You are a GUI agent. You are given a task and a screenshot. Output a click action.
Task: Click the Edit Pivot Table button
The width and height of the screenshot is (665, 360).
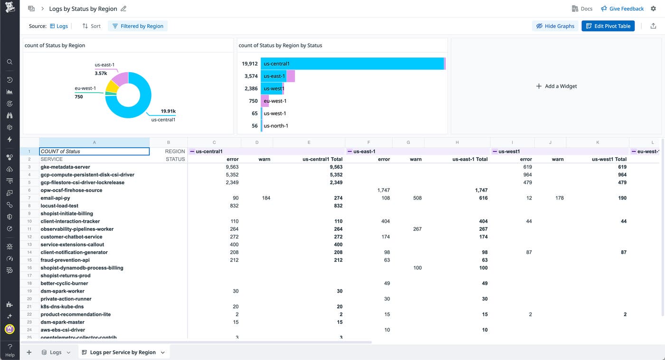point(608,26)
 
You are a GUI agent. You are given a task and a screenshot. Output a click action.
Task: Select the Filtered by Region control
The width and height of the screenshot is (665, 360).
point(138,26)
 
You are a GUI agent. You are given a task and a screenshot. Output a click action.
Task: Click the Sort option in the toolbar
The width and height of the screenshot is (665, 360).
point(91,26)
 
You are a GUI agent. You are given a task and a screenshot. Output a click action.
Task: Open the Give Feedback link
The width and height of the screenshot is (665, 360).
point(622,9)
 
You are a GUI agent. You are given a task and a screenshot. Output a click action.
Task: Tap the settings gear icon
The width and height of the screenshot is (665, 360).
point(653,9)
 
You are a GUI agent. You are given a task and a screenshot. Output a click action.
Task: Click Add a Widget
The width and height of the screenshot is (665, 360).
point(556,86)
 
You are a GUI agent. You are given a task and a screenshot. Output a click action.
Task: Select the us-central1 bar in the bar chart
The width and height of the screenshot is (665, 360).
point(351,64)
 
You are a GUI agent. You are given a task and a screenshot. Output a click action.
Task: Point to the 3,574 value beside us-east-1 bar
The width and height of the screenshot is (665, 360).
point(250,76)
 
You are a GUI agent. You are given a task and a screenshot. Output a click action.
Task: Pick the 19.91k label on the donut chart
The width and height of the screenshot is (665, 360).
point(168,111)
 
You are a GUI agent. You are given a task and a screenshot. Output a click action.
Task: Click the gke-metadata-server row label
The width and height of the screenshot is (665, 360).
point(65,167)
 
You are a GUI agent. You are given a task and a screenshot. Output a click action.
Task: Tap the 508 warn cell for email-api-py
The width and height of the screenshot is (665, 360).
point(417,198)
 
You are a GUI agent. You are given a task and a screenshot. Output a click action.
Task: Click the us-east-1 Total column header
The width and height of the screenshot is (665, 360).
point(470,159)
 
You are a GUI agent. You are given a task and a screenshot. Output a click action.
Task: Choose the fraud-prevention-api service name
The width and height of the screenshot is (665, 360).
point(65,260)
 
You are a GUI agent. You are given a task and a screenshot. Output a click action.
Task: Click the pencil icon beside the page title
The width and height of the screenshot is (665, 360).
point(124,9)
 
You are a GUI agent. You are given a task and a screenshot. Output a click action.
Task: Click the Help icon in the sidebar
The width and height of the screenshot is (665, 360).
point(10,350)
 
